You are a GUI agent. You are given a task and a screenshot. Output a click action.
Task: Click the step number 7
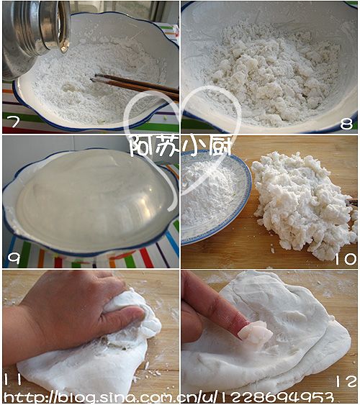[14, 122]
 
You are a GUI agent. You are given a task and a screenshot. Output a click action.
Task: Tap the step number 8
[346, 124]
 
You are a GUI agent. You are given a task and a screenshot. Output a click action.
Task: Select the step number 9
[14, 258]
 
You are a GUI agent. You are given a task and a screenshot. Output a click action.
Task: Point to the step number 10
[346, 258]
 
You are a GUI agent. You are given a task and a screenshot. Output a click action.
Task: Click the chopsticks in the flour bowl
[135, 85]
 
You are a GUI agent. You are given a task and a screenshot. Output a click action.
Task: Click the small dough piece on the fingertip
[255, 333]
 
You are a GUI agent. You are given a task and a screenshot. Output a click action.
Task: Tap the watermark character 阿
[141, 146]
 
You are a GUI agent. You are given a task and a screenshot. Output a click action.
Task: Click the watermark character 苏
[167, 146]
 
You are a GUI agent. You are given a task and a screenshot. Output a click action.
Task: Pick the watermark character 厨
[219, 146]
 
